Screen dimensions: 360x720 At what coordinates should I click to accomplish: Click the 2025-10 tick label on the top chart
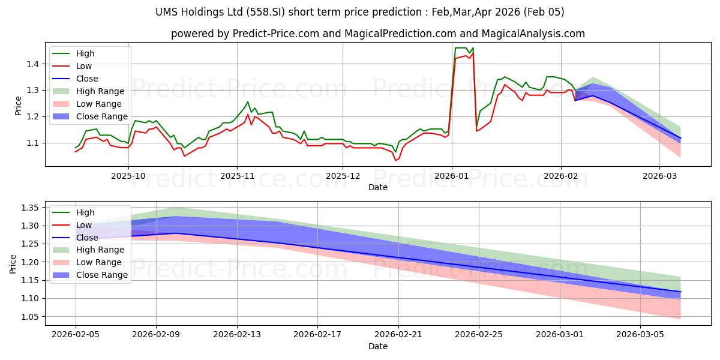(128, 176)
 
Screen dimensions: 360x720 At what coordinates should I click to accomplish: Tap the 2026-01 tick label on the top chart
(451, 176)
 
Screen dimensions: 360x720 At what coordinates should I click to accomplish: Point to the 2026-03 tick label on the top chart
(659, 176)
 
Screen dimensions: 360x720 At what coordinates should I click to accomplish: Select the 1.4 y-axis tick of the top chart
(32, 64)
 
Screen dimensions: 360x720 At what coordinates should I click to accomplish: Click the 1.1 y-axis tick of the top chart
(32, 143)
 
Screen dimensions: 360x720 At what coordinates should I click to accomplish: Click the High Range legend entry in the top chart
(100, 91)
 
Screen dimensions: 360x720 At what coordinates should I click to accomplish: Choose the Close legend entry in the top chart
(87, 79)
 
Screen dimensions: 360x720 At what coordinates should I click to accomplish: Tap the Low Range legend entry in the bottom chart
(99, 262)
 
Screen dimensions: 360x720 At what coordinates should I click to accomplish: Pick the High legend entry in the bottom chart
(85, 212)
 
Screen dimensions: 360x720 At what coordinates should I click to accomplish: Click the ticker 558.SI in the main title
(294, 12)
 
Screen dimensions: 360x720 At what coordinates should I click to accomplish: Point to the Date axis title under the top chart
(378, 187)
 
